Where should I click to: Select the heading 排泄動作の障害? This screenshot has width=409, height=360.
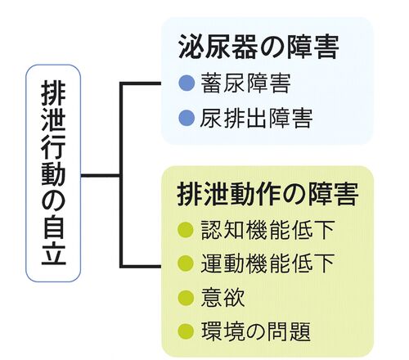pos(267,194)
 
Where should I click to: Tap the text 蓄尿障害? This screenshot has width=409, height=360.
pos(245,83)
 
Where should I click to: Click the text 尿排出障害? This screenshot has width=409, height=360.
pos(256,119)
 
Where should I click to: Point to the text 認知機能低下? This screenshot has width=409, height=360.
pos(267,230)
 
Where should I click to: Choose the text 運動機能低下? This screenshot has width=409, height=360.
pos(267,263)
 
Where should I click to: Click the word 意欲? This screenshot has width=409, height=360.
pos(222,297)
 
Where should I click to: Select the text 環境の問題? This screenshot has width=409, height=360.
pos(256,331)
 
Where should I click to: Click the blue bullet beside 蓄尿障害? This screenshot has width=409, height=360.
pos(187,83)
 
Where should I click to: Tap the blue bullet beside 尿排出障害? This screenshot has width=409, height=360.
pos(187,119)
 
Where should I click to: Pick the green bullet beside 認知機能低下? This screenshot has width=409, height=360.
pos(186,230)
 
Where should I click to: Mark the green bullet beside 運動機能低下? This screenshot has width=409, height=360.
pos(186,263)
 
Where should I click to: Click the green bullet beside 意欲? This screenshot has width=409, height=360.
pos(186,297)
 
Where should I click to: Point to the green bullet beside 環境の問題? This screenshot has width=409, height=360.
pos(186,331)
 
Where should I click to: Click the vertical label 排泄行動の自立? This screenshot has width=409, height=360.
pos(53,173)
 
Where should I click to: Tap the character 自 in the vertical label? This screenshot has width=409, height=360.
pos(53,230)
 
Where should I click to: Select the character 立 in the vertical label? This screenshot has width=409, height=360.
pos(53,254)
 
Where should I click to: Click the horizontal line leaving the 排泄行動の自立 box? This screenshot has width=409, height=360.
pos(101,175)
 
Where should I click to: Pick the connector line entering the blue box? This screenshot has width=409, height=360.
pos(142,83)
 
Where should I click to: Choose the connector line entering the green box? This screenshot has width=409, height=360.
pos(142,266)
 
